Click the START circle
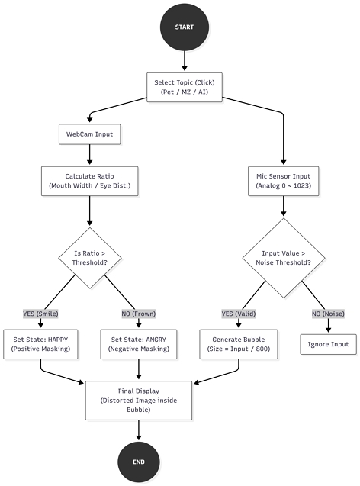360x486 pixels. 185,27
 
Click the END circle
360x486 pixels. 139,462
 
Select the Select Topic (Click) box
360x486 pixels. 185,87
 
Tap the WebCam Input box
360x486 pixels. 89,134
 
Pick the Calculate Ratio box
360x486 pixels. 89,181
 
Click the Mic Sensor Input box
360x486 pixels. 283,181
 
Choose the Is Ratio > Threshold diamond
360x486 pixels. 89,258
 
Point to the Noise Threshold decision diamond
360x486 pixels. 283,258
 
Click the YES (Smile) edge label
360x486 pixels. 40,314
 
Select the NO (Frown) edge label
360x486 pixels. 139,314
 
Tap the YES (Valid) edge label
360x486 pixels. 239,314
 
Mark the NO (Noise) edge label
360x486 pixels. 328,314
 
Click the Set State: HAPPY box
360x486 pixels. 40,344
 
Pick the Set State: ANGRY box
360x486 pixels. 139,344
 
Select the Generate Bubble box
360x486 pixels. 239,344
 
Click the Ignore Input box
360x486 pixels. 328,344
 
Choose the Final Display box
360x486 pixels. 139,401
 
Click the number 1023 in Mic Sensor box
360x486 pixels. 301,185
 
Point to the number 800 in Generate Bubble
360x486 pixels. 262,349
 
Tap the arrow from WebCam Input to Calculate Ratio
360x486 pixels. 89,155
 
